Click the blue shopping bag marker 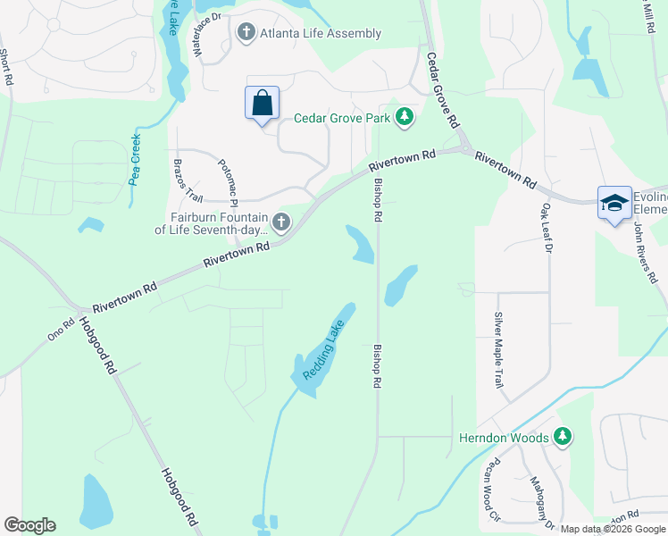pos(262,103)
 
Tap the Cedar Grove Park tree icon pos(405,117)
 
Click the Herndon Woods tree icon pos(562,437)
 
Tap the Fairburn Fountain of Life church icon pos(281,222)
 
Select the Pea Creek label pos(135,159)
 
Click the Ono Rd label pos(62,330)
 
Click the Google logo pos(29,525)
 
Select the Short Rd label pos(6,67)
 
